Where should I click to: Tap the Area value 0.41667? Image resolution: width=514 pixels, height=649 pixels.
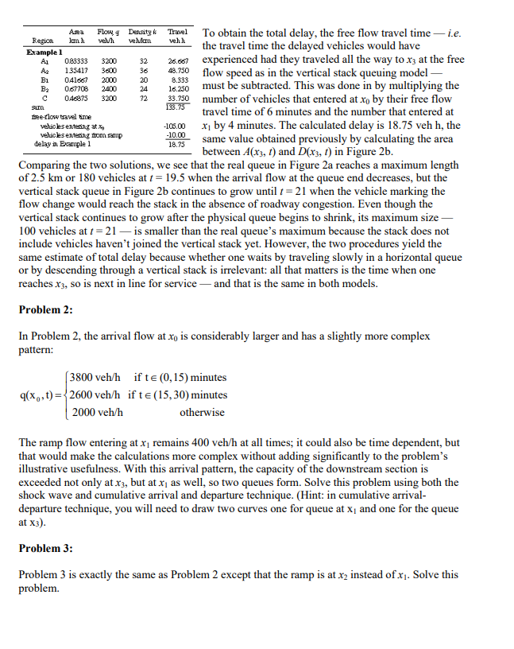click(x=76, y=80)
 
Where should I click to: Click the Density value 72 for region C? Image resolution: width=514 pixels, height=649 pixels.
click(x=144, y=99)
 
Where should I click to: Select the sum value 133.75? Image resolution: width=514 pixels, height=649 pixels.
click(x=176, y=107)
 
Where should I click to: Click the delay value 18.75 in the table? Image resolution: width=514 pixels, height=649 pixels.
click(x=177, y=144)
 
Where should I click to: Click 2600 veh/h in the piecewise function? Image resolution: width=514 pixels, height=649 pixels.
click(x=95, y=394)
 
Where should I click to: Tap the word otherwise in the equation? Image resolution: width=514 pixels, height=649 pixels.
click(x=202, y=412)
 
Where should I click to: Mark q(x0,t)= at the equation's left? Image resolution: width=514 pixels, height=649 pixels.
click(x=41, y=394)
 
